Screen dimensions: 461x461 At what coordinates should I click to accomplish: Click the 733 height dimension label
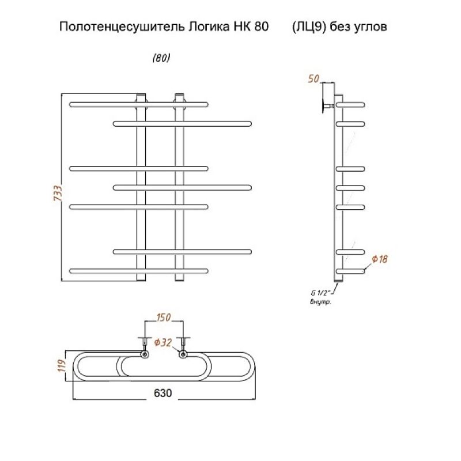(57, 192)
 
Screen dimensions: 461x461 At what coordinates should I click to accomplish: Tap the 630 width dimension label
(163, 393)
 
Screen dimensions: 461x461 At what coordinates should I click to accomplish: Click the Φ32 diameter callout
(163, 343)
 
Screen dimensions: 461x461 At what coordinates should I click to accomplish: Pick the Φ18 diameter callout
(380, 259)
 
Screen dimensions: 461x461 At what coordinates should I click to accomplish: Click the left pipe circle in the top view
(144, 354)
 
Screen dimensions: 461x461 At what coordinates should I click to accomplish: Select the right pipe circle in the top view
(183, 354)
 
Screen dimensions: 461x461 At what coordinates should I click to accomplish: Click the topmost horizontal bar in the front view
(138, 104)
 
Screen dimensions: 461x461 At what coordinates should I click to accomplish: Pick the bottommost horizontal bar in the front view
(138, 270)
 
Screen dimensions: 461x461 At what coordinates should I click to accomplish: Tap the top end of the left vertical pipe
(141, 93)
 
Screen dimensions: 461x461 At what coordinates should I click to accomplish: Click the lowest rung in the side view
(352, 270)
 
